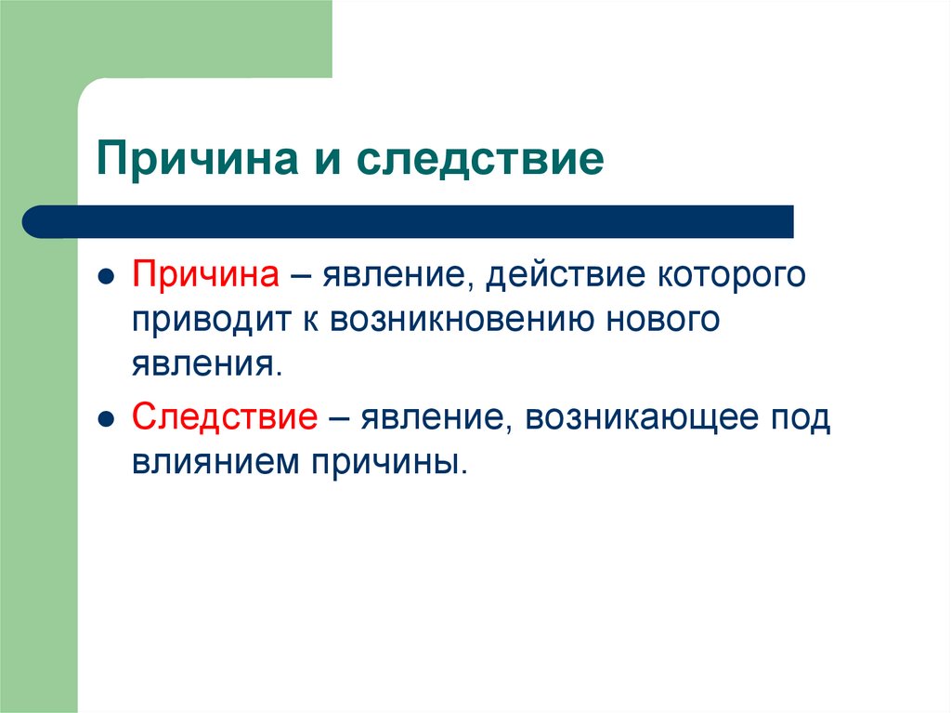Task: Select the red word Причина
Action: (x=206, y=276)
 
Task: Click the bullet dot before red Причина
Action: (x=107, y=278)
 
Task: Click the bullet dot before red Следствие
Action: (x=107, y=420)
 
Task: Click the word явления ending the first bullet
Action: (x=203, y=364)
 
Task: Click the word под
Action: (x=801, y=418)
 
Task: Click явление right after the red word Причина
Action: (x=395, y=276)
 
